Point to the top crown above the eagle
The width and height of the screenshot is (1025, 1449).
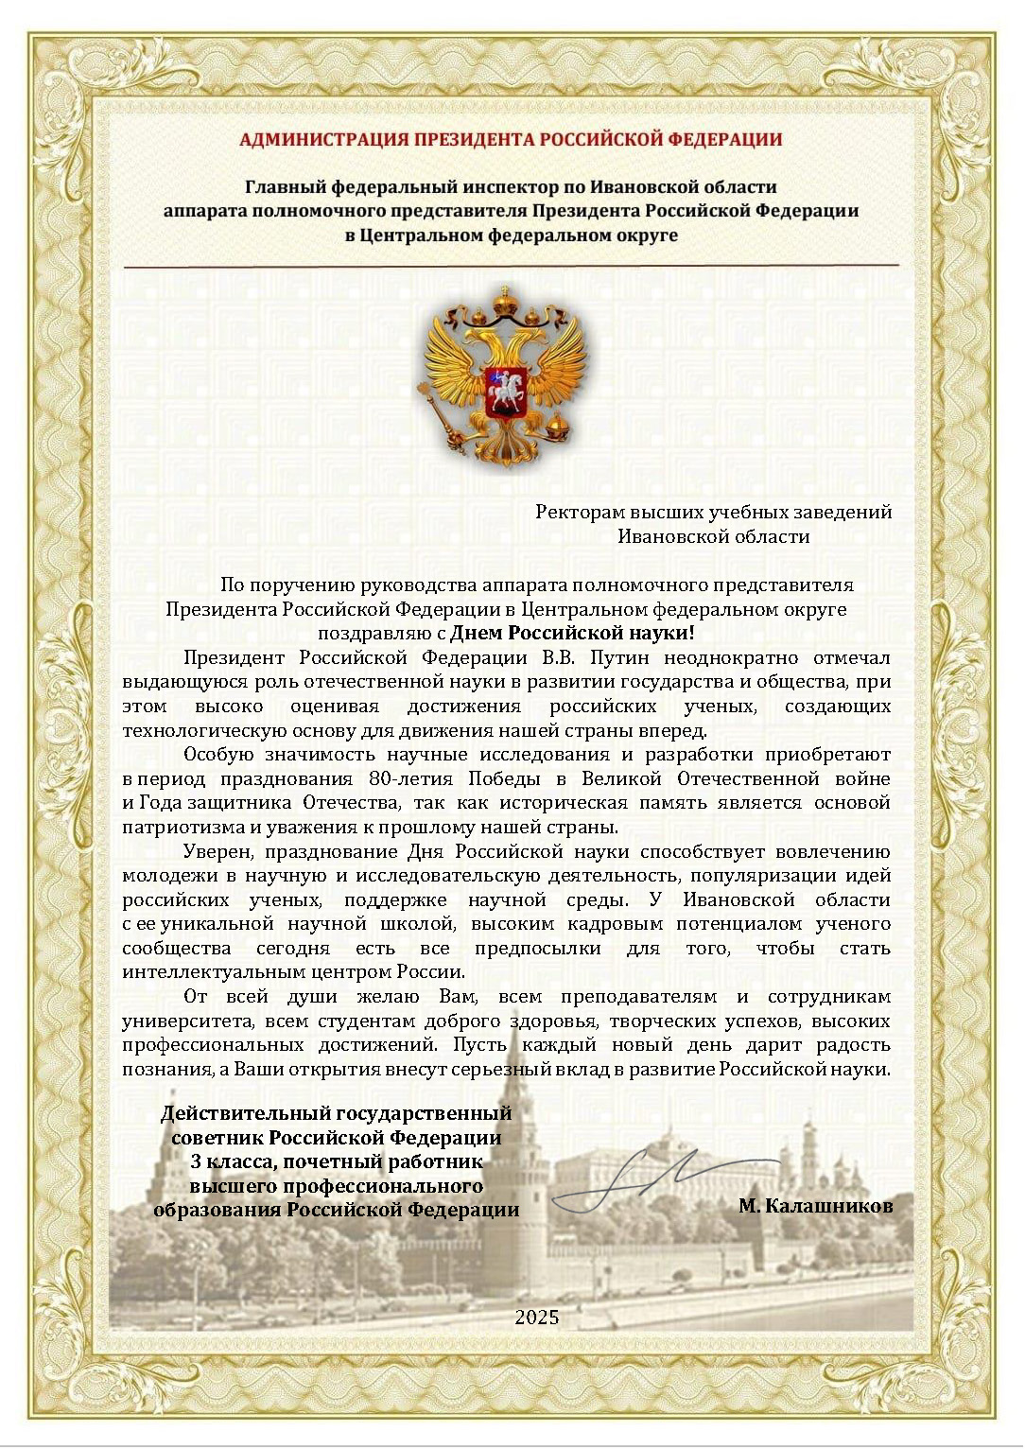[x=507, y=301]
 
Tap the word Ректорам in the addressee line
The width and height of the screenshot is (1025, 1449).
[x=580, y=513]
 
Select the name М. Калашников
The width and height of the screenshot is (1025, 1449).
[x=815, y=1206]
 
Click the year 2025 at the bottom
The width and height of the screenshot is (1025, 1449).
[x=537, y=1317]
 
